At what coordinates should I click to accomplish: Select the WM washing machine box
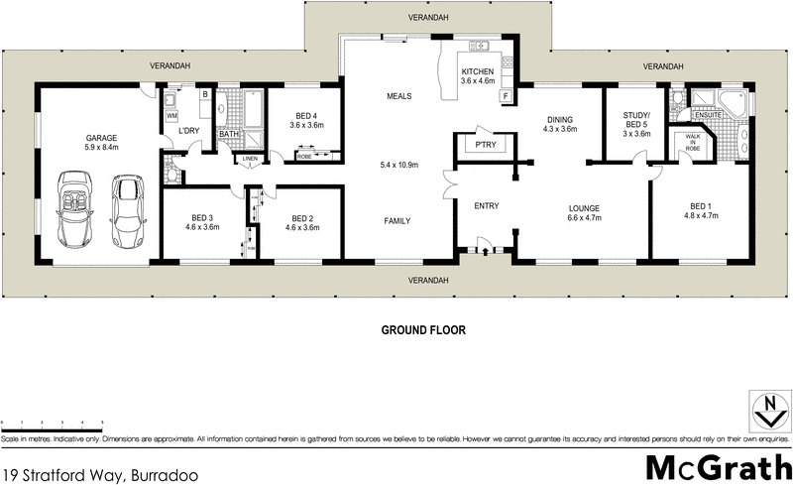click(171, 116)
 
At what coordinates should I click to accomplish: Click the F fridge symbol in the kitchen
click(506, 97)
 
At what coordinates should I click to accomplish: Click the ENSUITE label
click(708, 115)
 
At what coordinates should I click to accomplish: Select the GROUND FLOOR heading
click(423, 328)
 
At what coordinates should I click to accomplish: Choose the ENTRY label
click(486, 205)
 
